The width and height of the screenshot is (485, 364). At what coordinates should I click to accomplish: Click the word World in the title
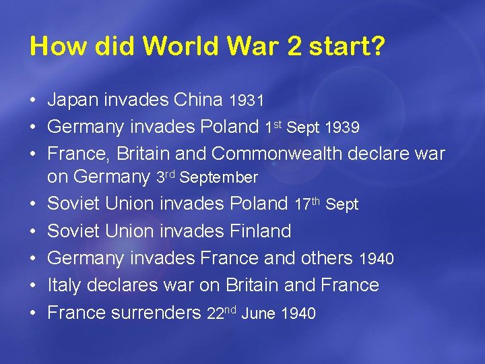181,46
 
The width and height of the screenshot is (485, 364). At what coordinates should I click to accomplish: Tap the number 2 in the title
297,46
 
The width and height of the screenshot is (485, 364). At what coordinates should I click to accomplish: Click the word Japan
73,100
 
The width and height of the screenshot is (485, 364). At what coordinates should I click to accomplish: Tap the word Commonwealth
277,154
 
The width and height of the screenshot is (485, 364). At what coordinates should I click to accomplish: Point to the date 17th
307,203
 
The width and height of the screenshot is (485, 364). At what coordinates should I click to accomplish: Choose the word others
327,258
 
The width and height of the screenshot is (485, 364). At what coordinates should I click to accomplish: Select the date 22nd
221,312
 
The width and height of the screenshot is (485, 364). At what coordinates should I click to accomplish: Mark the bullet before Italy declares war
33,286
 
